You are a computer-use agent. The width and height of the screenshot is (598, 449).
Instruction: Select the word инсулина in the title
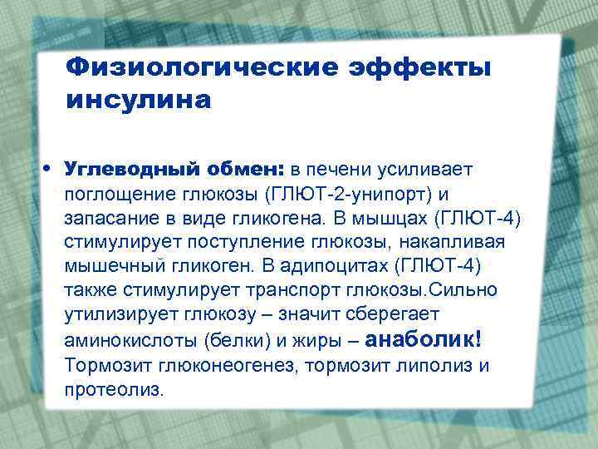tap(139, 101)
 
